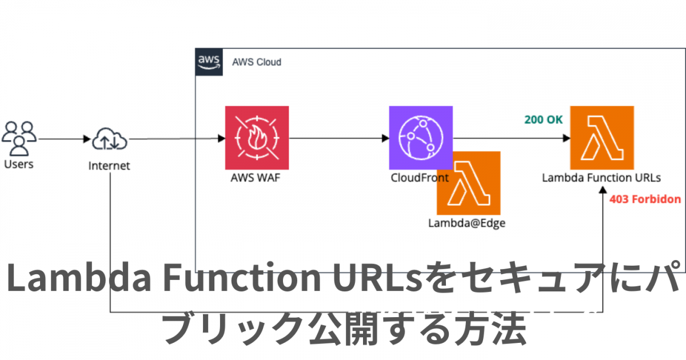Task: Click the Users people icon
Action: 19,138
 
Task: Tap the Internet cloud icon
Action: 110,139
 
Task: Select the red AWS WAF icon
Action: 257,138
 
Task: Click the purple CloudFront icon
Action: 421,138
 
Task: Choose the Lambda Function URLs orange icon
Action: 602,138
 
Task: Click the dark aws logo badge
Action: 209,62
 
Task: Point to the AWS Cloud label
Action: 257,62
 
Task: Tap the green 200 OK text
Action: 544,119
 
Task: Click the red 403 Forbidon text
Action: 645,199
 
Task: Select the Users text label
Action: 19,165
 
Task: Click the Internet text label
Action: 109,166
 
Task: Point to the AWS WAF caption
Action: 256,178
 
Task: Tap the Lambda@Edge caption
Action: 466,223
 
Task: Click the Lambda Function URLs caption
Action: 601,178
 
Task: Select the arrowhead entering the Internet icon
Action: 87,139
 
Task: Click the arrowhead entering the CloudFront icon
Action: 385,138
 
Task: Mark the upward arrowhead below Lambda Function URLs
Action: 603,190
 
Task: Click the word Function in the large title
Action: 242,277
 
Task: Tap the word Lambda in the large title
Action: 79,277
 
